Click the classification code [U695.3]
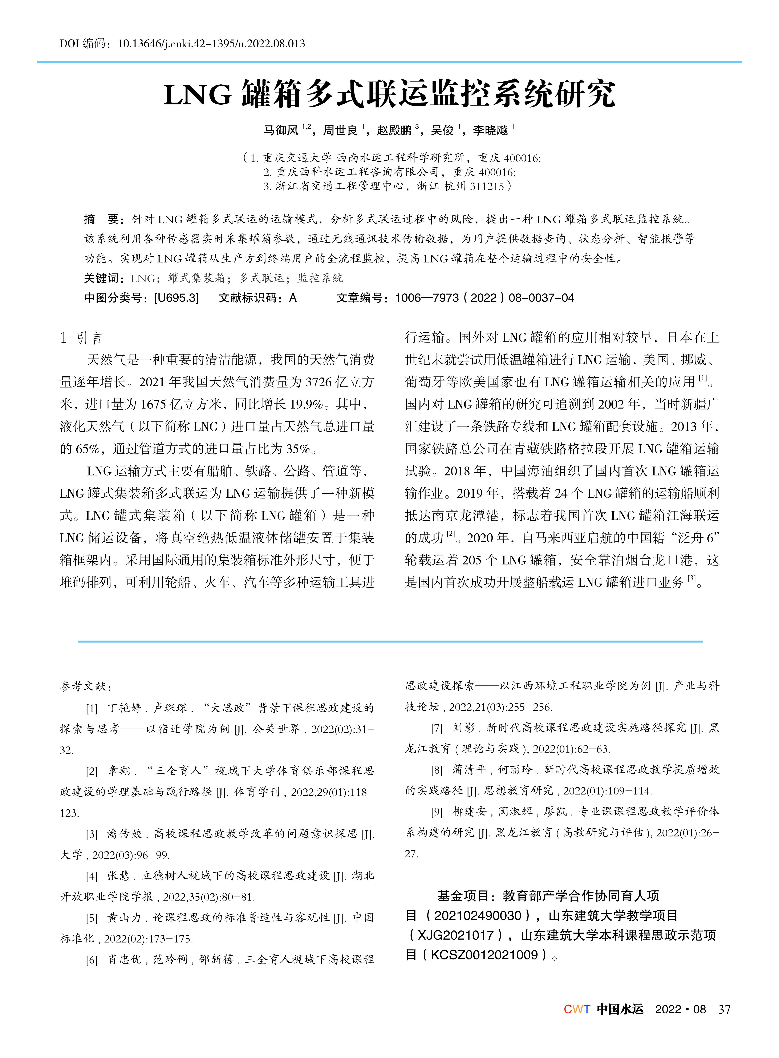click(x=176, y=298)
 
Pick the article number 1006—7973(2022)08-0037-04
click(x=484, y=298)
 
